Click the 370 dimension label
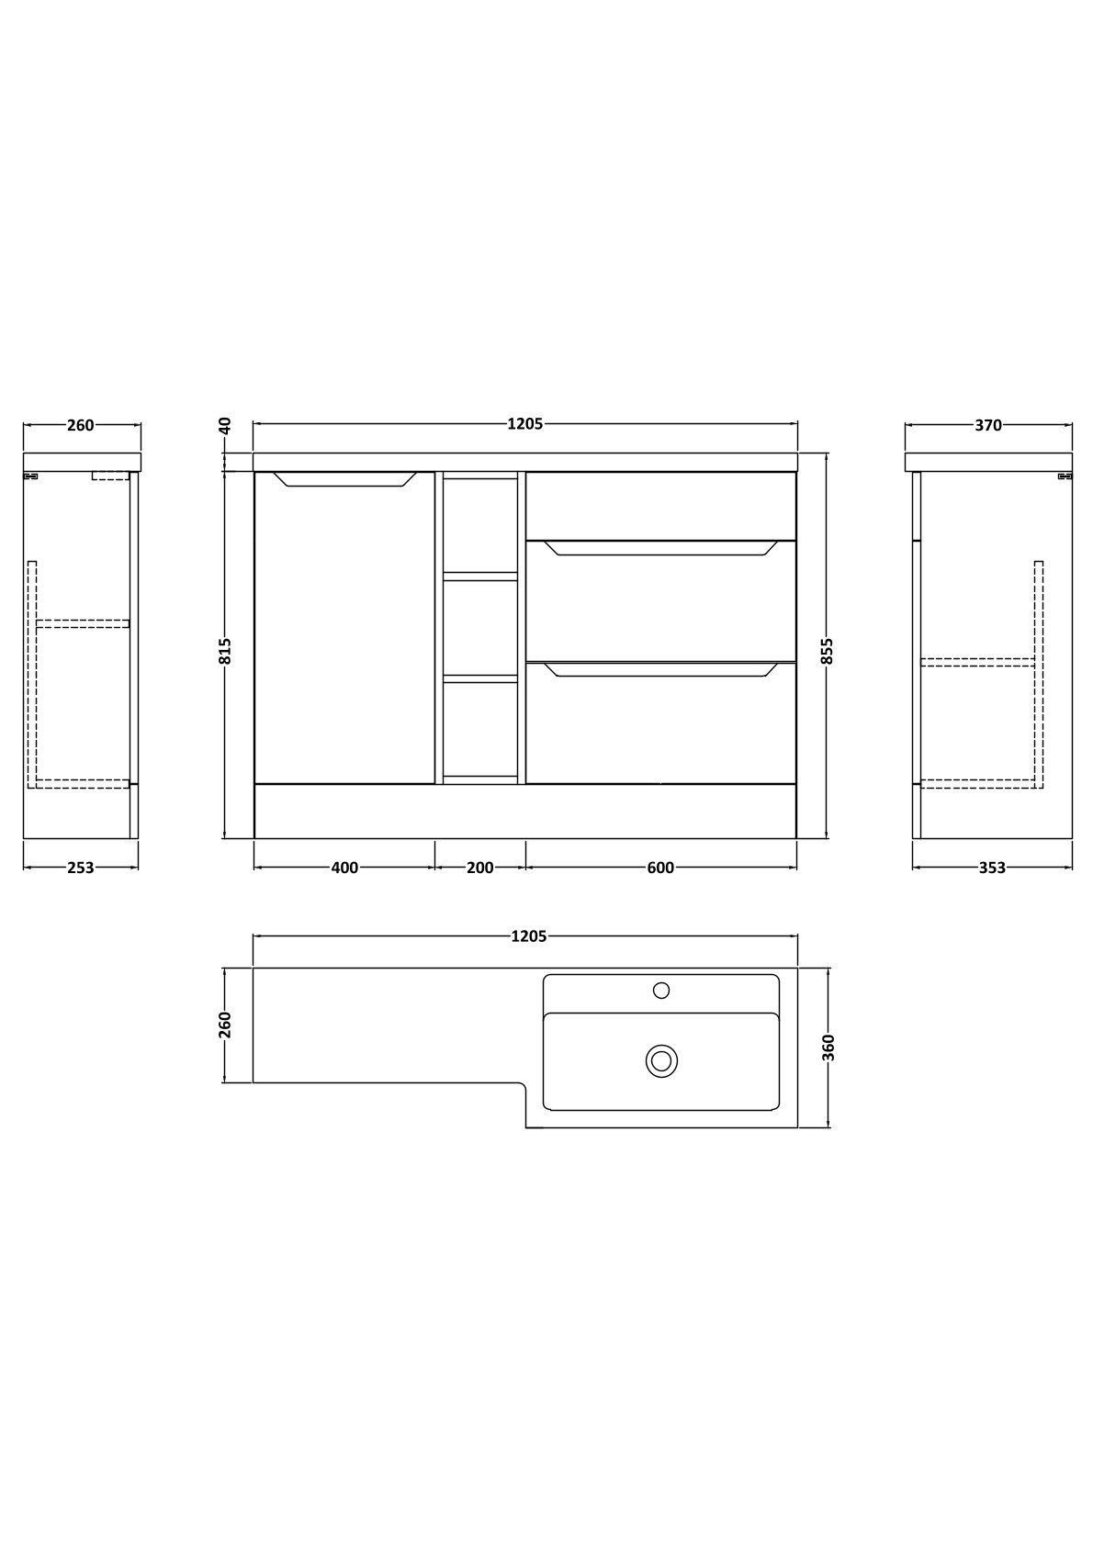tap(988, 425)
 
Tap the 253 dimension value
tap(80, 868)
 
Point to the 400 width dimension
tap(344, 868)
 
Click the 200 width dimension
tap(479, 868)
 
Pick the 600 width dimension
tap(660, 868)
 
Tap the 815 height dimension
tap(225, 651)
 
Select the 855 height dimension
tap(828, 651)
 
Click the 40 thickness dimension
tap(225, 426)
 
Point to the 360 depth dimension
tap(828, 1047)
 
